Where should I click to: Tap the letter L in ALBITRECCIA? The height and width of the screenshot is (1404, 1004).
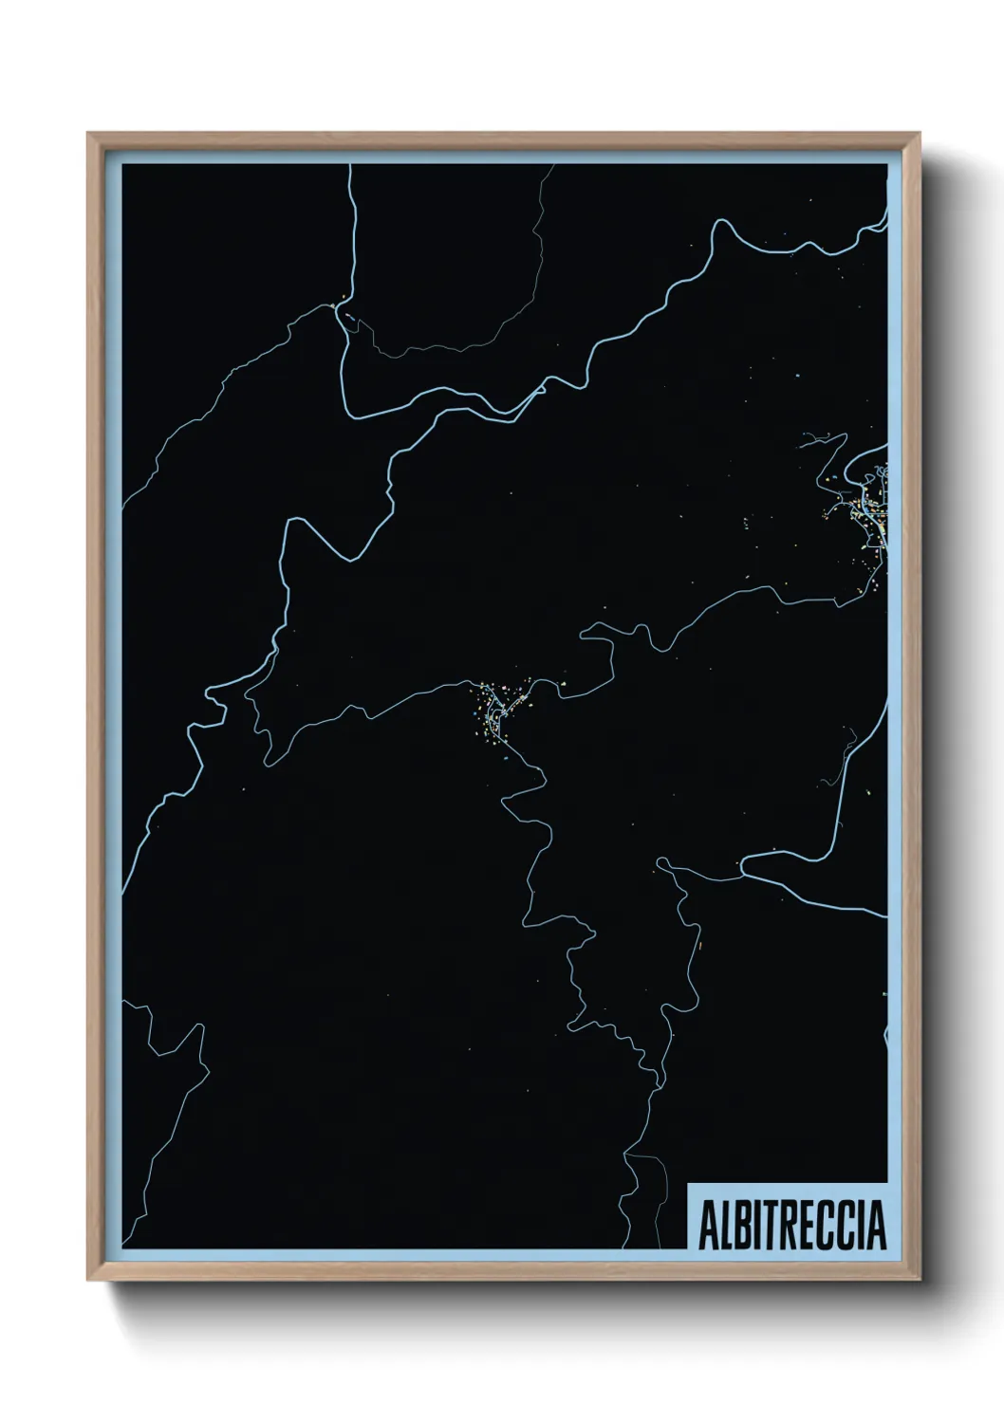725,1226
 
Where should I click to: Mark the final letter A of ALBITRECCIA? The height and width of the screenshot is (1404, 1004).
876,1226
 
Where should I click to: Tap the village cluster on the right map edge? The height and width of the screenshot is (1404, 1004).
868,508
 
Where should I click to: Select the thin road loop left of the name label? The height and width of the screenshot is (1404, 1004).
641,1186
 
